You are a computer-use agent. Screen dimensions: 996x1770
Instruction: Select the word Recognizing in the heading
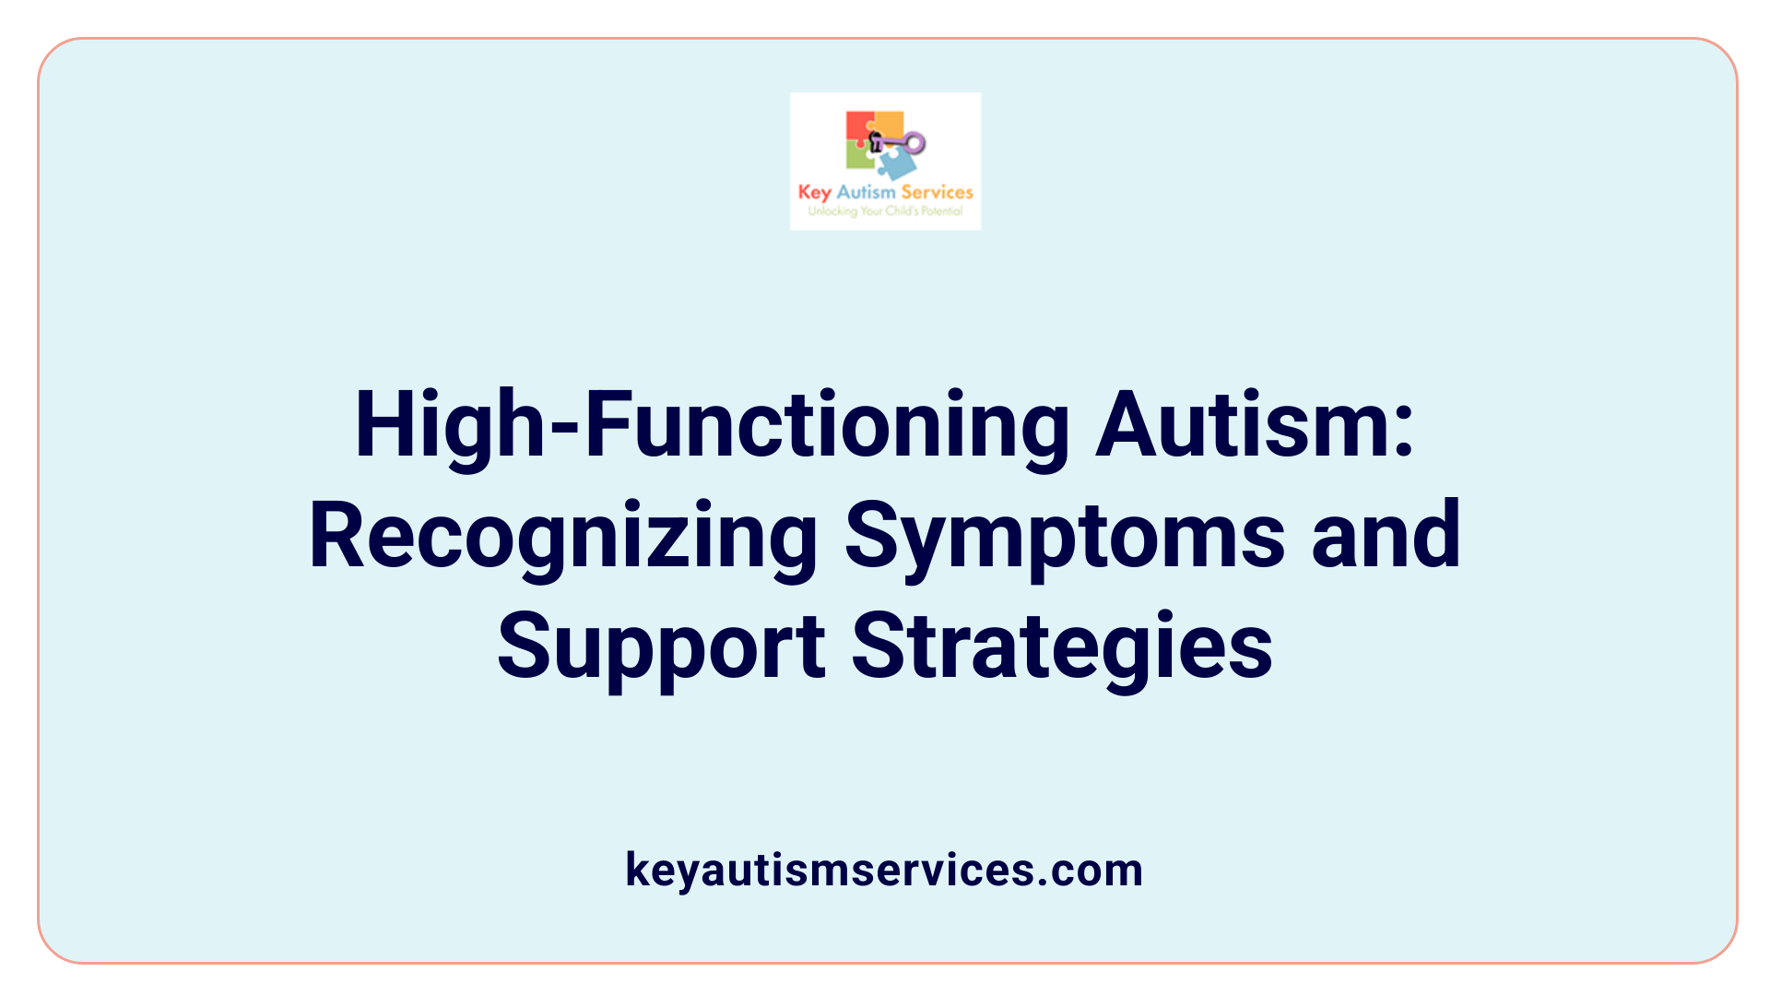(563, 537)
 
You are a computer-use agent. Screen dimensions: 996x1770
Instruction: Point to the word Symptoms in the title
(1065, 537)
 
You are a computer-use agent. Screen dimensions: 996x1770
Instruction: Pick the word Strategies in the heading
(1061, 647)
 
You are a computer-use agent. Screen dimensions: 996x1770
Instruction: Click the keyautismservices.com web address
(884, 870)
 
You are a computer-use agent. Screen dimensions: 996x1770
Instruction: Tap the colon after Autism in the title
(1403, 433)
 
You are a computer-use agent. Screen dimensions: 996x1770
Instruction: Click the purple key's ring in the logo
(914, 143)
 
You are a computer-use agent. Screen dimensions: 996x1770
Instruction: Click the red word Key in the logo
(814, 193)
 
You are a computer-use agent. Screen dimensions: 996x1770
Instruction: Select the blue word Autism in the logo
(866, 193)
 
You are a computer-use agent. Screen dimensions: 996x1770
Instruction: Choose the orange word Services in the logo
(937, 193)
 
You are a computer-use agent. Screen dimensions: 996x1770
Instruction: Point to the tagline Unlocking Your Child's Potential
(885, 211)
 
